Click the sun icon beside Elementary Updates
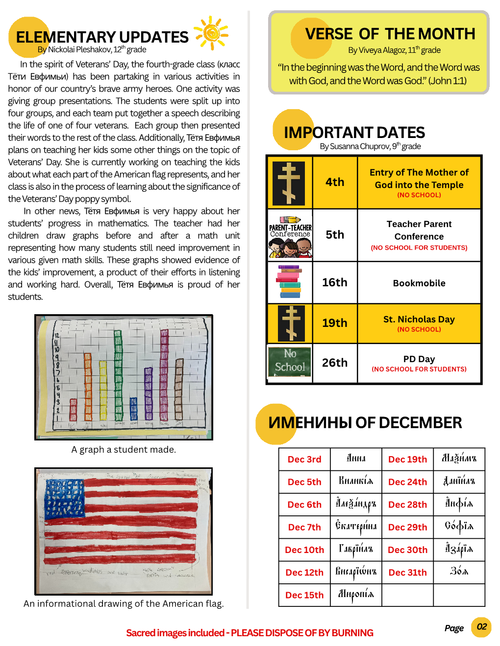(x=211, y=33)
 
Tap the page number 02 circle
(x=481, y=627)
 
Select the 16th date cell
(x=335, y=282)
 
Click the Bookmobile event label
(x=419, y=283)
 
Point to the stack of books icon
(x=290, y=282)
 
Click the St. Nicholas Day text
(x=419, y=319)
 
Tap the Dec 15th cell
(x=304, y=595)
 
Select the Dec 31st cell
(x=407, y=572)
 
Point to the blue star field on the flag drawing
(x=64, y=497)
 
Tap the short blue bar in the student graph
(x=133, y=408)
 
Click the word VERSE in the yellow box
(x=329, y=34)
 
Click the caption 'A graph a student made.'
(x=124, y=449)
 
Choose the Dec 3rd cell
(x=304, y=459)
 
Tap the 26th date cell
(x=335, y=363)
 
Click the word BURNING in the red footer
(x=352, y=633)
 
